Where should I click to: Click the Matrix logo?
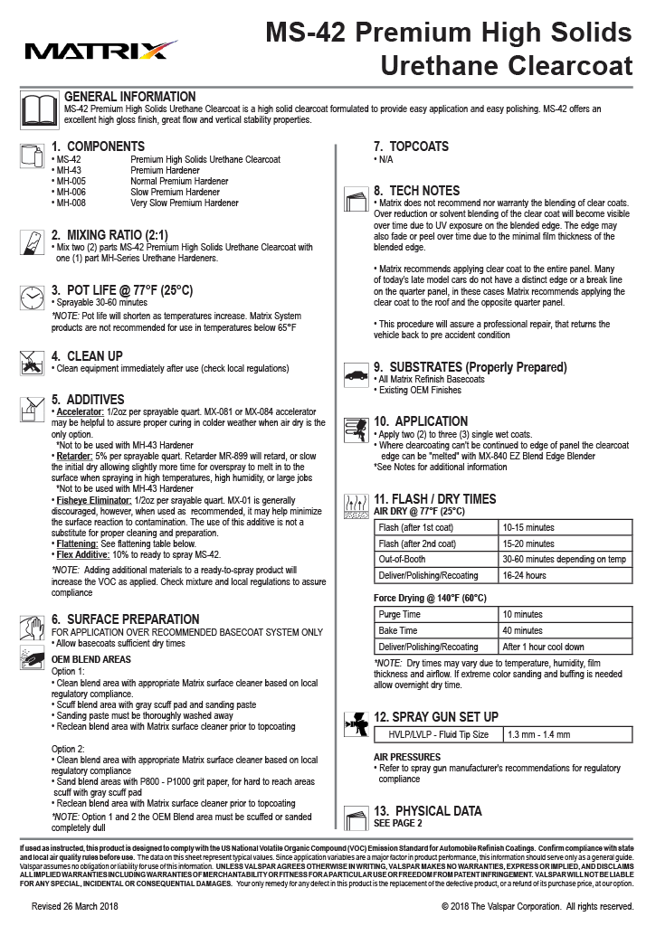tap(100, 49)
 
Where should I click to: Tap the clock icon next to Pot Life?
tap(32, 298)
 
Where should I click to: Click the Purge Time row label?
tap(398, 614)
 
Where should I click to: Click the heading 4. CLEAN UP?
tap(87, 356)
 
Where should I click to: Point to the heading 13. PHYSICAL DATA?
tap(427, 810)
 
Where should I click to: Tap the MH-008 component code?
tap(72, 203)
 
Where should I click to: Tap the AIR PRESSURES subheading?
tap(407, 756)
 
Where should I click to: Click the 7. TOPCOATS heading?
tap(411, 146)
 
